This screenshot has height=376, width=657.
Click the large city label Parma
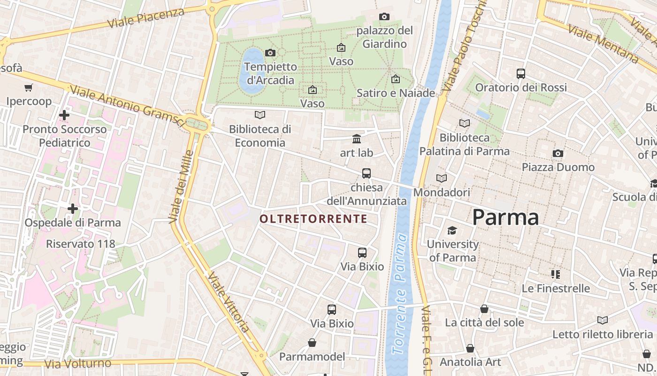505,217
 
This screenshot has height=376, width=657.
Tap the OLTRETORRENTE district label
313,219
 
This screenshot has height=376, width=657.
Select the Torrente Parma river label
399,294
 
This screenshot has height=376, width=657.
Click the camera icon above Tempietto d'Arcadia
270,53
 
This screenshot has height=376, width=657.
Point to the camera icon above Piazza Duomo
558,153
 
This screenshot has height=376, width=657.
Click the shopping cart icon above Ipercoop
29,87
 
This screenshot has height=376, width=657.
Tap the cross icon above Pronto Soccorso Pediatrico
64,115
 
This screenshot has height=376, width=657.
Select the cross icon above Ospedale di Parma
73,208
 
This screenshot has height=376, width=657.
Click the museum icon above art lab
357,139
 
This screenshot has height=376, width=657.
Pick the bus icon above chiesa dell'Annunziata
367,173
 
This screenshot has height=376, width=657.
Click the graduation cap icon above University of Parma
452,230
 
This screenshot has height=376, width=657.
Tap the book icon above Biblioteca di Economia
260,115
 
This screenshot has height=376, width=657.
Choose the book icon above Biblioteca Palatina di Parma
465,123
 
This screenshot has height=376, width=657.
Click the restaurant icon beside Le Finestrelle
556,274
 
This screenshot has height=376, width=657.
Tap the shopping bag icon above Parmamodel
312,343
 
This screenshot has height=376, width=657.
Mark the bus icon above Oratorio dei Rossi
521,73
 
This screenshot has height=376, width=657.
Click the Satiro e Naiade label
396,93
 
